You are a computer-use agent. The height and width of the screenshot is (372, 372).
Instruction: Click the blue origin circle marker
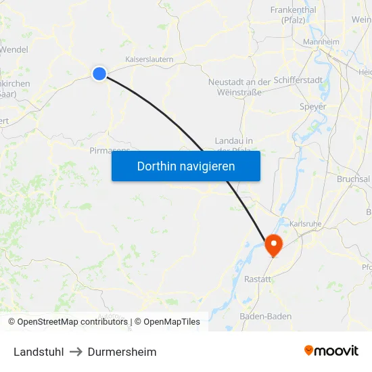tap(99, 74)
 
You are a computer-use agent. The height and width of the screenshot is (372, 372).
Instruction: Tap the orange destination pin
tap(273, 244)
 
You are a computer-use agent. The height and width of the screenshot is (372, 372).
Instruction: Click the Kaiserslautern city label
tap(149, 60)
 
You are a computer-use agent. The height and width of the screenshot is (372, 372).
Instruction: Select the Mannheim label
tap(321, 42)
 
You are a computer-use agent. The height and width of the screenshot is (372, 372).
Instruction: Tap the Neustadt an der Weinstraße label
tap(239, 87)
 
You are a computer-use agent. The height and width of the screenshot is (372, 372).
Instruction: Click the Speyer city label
tap(312, 107)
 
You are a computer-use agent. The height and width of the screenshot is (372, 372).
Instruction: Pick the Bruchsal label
tap(353, 179)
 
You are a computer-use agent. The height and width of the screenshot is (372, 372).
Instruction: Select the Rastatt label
tap(257, 279)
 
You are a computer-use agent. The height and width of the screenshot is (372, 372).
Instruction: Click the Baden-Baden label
tap(266, 316)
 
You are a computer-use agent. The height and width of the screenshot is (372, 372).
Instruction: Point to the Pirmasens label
tap(110, 151)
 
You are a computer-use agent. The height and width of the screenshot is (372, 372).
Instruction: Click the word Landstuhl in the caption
tap(39, 352)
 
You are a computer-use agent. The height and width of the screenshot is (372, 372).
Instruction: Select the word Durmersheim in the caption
tap(122, 352)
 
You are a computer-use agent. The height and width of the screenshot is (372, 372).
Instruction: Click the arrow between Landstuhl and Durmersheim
tap(76, 352)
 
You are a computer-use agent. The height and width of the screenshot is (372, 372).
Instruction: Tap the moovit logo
tap(331, 350)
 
